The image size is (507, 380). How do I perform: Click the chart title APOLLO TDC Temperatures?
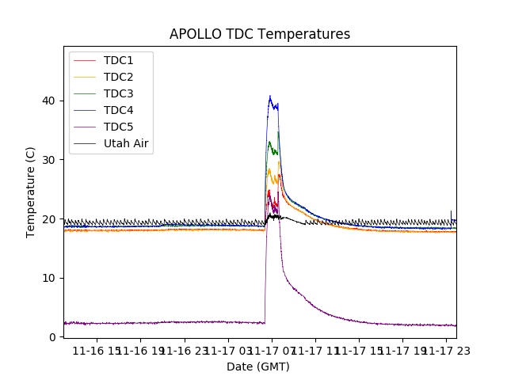(x=260, y=34)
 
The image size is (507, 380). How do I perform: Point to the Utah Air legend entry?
(x=126, y=143)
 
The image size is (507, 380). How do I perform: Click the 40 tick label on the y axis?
(x=49, y=101)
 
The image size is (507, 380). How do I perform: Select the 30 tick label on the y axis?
(x=49, y=160)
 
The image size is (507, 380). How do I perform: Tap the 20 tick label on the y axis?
(x=49, y=218)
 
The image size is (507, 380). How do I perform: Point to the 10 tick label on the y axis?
(x=49, y=278)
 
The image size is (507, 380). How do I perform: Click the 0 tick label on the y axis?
(x=52, y=337)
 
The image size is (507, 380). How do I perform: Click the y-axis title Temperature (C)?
(x=31, y=192)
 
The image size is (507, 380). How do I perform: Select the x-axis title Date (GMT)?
(x=258, y=367)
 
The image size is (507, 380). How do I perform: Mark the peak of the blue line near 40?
(x=270, y=97)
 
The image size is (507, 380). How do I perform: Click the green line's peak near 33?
(x=269, y=142)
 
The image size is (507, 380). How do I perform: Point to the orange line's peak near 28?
(x=269, y=169)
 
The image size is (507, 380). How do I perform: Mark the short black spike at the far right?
(x=452, y=211)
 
